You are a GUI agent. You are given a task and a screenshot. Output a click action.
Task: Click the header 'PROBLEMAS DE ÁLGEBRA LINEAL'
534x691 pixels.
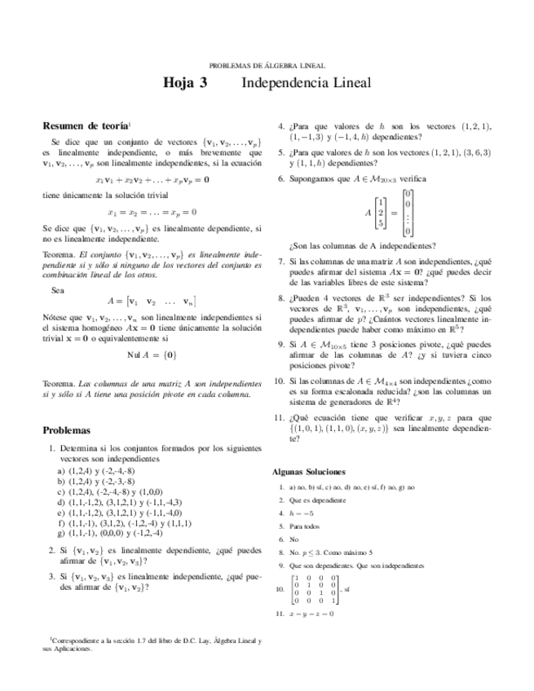coord(267,64)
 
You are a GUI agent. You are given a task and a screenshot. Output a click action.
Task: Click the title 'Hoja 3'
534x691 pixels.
coord(185,83)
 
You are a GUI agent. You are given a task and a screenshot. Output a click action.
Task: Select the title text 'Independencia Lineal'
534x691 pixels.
coord(306,83)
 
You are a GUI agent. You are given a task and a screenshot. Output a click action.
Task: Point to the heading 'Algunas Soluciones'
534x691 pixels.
coord(308,472)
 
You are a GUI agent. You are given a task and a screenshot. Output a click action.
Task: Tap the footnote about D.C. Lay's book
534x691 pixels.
coord(152,646)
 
